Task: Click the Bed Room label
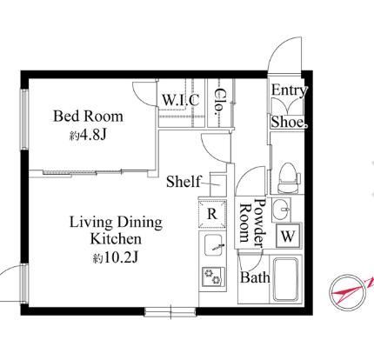[88, 117]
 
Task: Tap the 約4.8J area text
[88, 135]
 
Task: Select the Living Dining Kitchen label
[116, 230]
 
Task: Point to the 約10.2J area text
[116, 257]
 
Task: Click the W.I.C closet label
[181, 100]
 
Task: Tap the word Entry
[289, 90]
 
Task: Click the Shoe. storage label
[289, 122]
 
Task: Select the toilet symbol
[288, 178]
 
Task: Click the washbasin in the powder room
[281, 210]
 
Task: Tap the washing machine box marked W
[288, 236]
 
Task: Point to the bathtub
[286, 279]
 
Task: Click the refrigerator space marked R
[212, 214]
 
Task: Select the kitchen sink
[213, 245]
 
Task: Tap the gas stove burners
[213, 277]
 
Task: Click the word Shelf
[184, 182]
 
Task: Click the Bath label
[255, 277]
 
